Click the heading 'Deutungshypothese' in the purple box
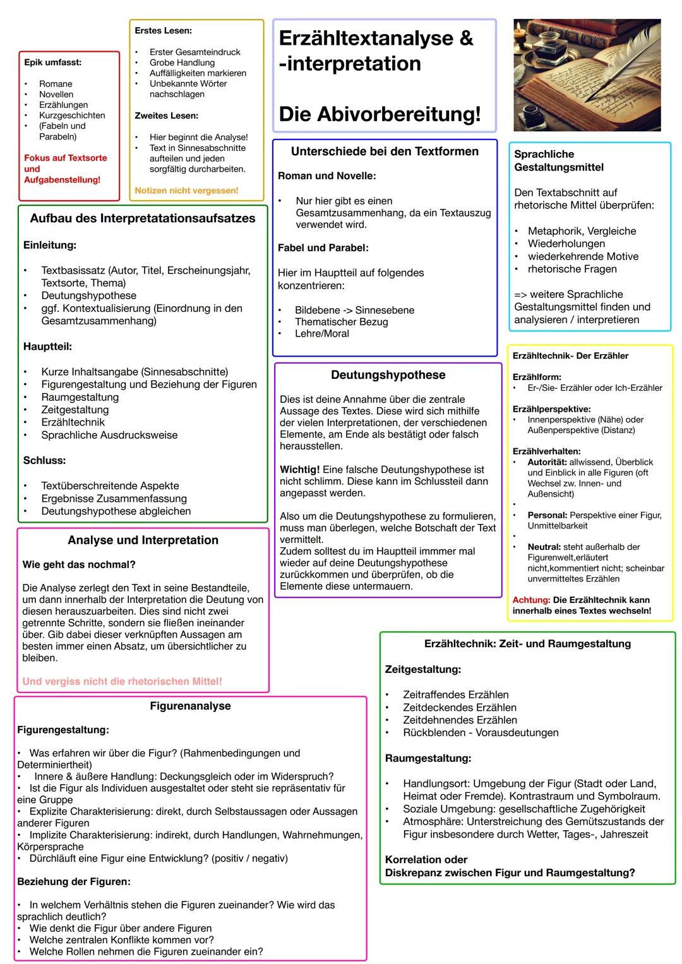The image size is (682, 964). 388,375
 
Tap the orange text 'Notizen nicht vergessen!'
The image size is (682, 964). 186,191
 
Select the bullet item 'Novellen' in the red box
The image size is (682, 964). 56,95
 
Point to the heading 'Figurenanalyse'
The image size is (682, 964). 190,706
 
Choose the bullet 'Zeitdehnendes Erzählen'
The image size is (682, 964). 460,720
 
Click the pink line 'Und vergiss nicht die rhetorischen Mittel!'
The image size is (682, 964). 122,682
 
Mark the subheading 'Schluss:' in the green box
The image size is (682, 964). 44,461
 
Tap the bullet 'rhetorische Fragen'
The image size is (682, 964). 572,269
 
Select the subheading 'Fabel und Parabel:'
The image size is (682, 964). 323,248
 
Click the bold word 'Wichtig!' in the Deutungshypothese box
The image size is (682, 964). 299,470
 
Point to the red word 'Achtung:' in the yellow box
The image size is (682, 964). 531,600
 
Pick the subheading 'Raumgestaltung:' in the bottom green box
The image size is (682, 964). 428,758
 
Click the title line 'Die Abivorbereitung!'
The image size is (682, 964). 380,114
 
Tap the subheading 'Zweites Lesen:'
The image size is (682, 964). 166,116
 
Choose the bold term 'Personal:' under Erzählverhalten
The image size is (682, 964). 547,515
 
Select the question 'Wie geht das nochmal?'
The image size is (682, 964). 78,565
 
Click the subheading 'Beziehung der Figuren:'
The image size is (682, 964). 73,882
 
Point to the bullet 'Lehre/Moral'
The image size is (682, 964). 321,333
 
